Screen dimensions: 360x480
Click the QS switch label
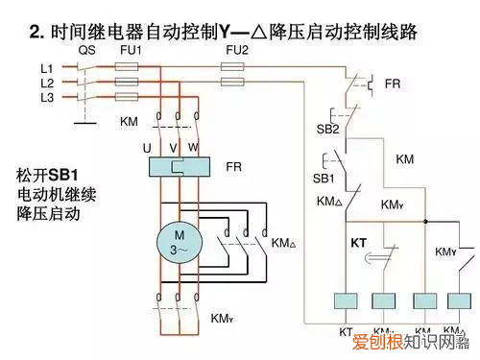pos(86,49)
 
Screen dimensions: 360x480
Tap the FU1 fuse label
pos(132,49)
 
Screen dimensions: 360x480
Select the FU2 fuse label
pos(235,49)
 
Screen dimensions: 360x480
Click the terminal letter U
pos(147,148)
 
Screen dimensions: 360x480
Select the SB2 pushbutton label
pos(327,129)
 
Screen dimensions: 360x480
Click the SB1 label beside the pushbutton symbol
pos(324,179)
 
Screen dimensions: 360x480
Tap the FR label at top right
pos(393,84)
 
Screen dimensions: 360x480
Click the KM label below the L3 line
pos(129,122)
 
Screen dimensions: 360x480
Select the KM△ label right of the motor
pos(285,243)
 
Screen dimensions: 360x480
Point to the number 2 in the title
pos(36,33)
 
